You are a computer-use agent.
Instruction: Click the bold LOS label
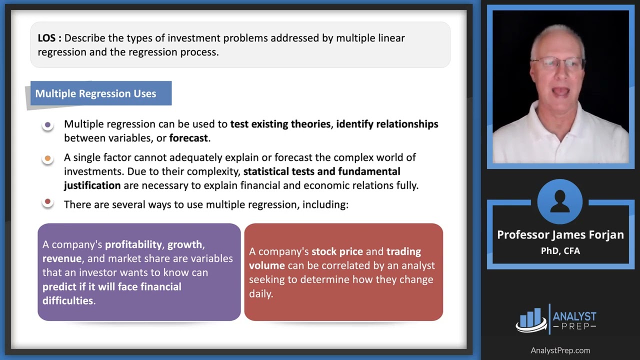tap(49, 38)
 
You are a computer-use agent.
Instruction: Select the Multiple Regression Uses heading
tap(95, 93)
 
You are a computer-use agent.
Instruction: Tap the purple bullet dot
tap(47, 124)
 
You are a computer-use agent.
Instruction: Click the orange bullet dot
tap(47, 158)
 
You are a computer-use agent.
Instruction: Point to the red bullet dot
tap(47, 202)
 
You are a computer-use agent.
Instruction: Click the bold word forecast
tap(188, 138)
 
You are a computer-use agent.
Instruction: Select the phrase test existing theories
tap(280, 124)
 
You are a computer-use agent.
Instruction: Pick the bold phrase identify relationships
tap(386, 124)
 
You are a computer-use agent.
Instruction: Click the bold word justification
tap(92, 185)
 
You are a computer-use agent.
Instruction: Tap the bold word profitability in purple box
tap(133, 244)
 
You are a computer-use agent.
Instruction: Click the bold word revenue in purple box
tap(61, 258)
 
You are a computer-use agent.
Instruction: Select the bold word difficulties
tap(67, 300)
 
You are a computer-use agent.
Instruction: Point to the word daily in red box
tap(260, 293)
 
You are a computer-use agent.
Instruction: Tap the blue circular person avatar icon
tap(559, 202)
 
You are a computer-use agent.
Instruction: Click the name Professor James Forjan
tap(560, 235)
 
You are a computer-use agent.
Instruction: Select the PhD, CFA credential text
tap(560, 251)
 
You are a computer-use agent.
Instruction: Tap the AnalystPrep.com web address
tap(560, 350)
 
